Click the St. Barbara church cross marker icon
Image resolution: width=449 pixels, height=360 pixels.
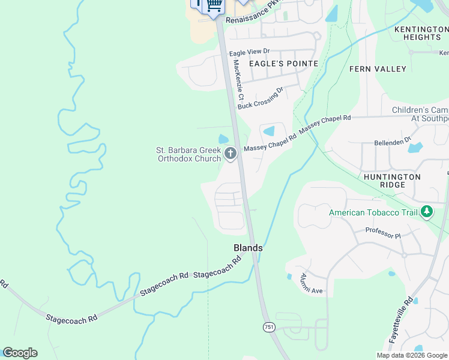pyautogui.click(x=230, y=155)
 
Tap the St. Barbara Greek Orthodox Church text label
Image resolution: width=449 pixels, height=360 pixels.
pyautogui.click(x=188, y=154)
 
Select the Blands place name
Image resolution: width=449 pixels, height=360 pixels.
pyautogui.click(x=248, y=247)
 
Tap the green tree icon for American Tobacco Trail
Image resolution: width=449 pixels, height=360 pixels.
pyautogui.click(x=427, y=211)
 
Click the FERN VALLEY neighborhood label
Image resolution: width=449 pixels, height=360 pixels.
pyautogui.click(x=378, y=69)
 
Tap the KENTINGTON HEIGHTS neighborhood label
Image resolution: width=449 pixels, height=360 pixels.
pyautogui.click(x=418, y=33)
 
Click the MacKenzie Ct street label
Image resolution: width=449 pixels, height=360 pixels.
pyautogui.click(x=239, y=79)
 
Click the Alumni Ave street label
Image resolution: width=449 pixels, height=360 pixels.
pyautogui.click(x=312, y=283)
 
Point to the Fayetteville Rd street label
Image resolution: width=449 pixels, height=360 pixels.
pyautogui.click(x=400, y=319)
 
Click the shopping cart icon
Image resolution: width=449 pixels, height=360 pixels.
pyautogui.click(x=214, y=5)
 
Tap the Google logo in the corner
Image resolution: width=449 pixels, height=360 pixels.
pyautogui.click(x=20, y=353)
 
